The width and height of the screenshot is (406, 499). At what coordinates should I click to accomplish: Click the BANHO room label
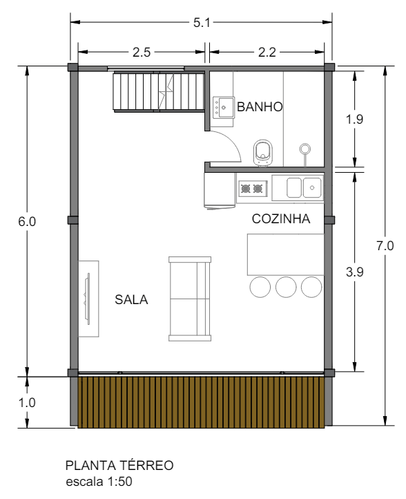tap(260, 107)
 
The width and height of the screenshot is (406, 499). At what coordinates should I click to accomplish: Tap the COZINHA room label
tap(280, 219)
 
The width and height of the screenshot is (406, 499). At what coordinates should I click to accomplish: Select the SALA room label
tap(131, 299)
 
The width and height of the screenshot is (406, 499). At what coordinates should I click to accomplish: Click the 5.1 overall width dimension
tap(202, 23)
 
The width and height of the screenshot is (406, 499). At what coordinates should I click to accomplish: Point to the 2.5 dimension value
tap(142, 51)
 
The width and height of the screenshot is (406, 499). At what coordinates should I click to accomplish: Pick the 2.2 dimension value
tap(267, 51)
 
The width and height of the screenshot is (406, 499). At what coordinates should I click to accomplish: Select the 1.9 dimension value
tap(354, 118)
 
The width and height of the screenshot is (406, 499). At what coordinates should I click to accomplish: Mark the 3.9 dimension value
tap(354, 272)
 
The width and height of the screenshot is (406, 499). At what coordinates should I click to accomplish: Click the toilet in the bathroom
tap(263, 151)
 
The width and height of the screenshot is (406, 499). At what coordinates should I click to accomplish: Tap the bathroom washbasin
tap(224, 107)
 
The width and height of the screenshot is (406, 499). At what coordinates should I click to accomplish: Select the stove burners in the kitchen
tap(252, 187)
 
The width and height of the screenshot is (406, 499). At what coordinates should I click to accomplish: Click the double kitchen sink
tap(304, 187)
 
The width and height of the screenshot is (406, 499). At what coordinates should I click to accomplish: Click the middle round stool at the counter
tap(286, 286)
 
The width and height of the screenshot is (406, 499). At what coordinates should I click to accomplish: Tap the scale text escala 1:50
tap(95, 479)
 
